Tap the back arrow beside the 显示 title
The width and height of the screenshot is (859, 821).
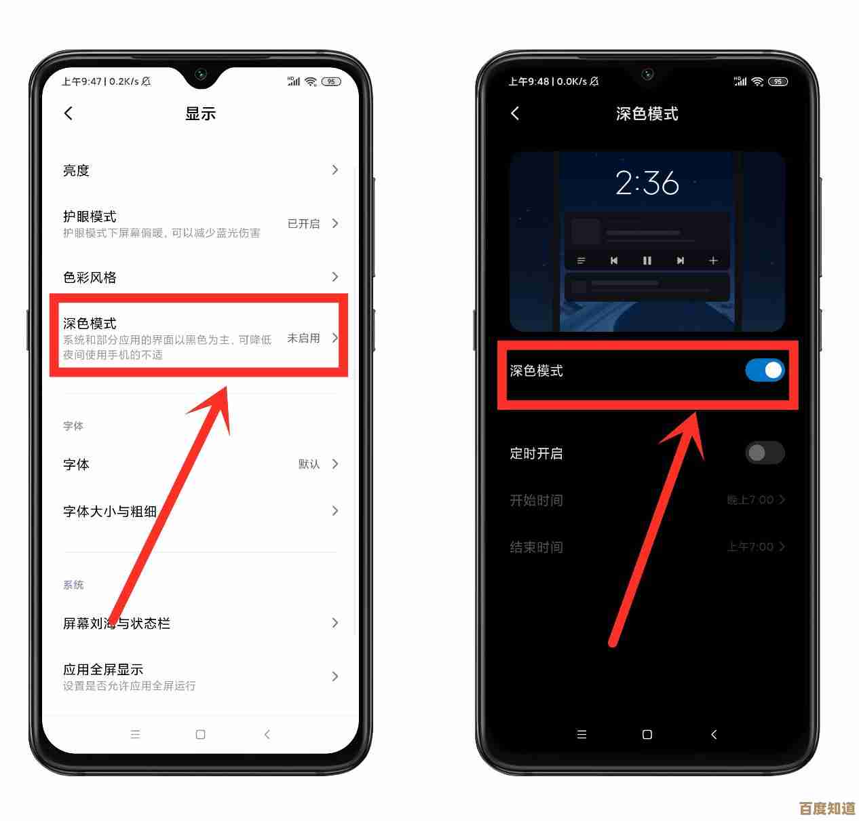(69, 113)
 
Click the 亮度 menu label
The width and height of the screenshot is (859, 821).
(76, 170)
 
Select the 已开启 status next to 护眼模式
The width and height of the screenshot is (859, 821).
(303, 223)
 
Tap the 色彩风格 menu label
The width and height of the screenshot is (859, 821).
(90, 277)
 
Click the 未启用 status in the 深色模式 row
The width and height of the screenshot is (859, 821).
(303, 338)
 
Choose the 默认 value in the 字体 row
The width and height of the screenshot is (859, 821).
(309, 464)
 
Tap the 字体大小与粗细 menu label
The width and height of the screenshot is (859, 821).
(110, 511)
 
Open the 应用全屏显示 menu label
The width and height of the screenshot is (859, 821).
(103, 669)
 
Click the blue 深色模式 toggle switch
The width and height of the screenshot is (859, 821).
(765, 370)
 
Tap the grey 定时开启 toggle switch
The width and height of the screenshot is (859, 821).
(765, 453)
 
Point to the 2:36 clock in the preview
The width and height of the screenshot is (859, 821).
(647, 183)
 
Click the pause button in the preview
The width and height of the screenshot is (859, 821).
(647, 261)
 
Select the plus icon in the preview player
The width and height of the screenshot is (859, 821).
(713, 261)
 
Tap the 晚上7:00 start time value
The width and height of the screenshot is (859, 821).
(750, 500)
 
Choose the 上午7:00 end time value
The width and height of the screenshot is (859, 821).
(750, 547)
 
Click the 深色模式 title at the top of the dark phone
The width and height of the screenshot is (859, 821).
(647, 114)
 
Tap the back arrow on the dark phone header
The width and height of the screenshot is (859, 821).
(515, 113)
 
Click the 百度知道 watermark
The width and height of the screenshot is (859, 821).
(827, 808)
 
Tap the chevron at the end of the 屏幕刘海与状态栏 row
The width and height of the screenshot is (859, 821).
(335, 623)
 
